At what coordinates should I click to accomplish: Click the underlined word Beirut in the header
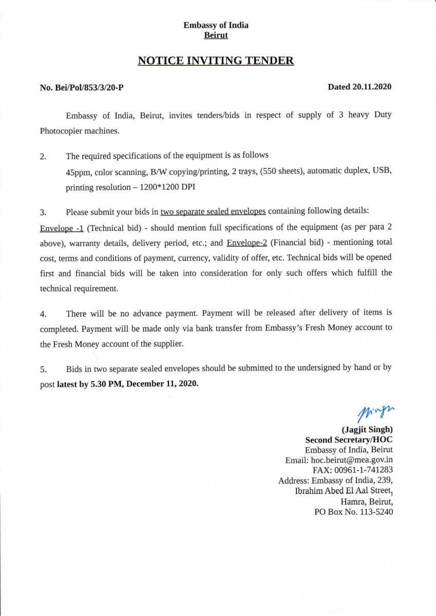coord(216,35)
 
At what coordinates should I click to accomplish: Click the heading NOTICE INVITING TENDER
coord(216,61)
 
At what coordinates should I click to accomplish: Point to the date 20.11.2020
coord(371,87)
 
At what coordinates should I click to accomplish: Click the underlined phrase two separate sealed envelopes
coord(213,211)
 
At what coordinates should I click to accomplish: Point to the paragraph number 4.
coord(43,313)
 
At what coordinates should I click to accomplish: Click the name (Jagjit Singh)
coord(367,430)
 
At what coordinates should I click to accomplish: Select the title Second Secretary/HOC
coord(349,440)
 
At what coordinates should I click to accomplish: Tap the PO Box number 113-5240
coord(372,512)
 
